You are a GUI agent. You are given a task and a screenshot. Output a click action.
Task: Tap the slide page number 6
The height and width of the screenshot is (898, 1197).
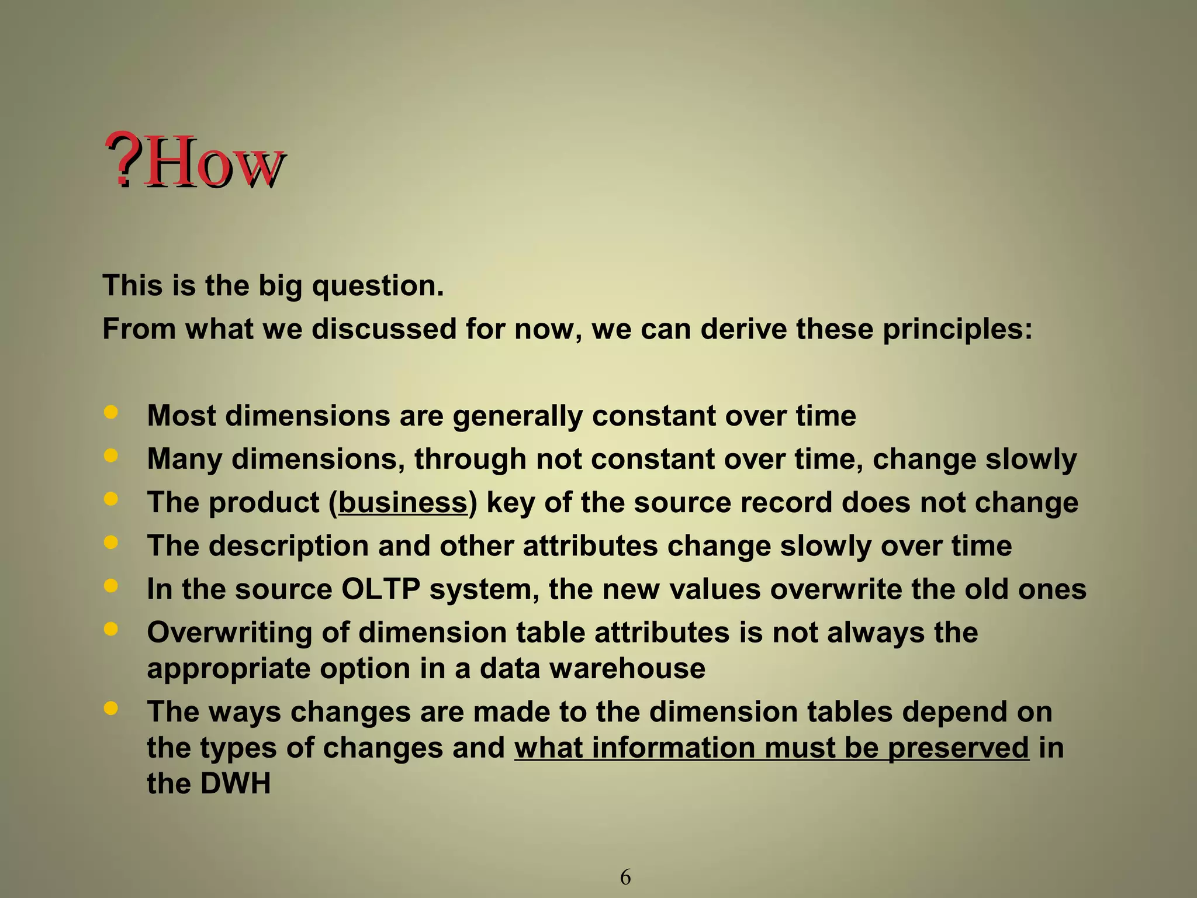[x=625, y=877]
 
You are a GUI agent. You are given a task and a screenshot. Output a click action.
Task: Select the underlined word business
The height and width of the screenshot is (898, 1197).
[x=403, y=502]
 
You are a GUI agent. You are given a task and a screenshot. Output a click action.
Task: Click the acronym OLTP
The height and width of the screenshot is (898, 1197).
[x=380, y=589]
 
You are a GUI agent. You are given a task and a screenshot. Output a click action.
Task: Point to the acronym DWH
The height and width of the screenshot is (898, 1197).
[x=236, y=783]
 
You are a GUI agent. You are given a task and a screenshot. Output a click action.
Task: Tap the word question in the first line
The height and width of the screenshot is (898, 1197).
[x=378, y=286]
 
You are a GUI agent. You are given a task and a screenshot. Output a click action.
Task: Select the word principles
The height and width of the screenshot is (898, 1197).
[x=957, y=329]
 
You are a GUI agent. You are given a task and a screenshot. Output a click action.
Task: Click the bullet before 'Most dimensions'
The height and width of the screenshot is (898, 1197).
[x=110, y=413]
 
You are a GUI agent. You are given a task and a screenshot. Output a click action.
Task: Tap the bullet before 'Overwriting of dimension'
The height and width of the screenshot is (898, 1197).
[x=110, y=629]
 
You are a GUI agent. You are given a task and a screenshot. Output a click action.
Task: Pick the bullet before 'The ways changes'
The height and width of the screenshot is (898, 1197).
[x=110, y=709]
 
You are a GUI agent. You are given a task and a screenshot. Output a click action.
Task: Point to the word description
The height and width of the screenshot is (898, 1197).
[x=289, y=545]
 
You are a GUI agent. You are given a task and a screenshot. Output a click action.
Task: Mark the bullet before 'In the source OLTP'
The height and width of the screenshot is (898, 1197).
[x=110, y=586]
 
